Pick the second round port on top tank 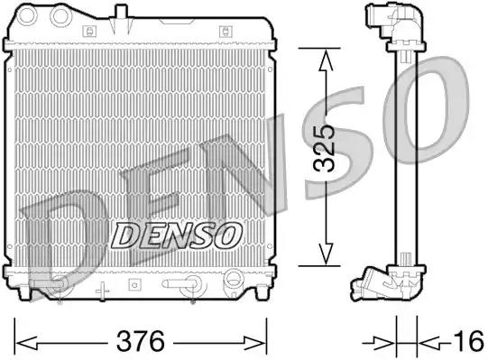click(62, 16)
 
